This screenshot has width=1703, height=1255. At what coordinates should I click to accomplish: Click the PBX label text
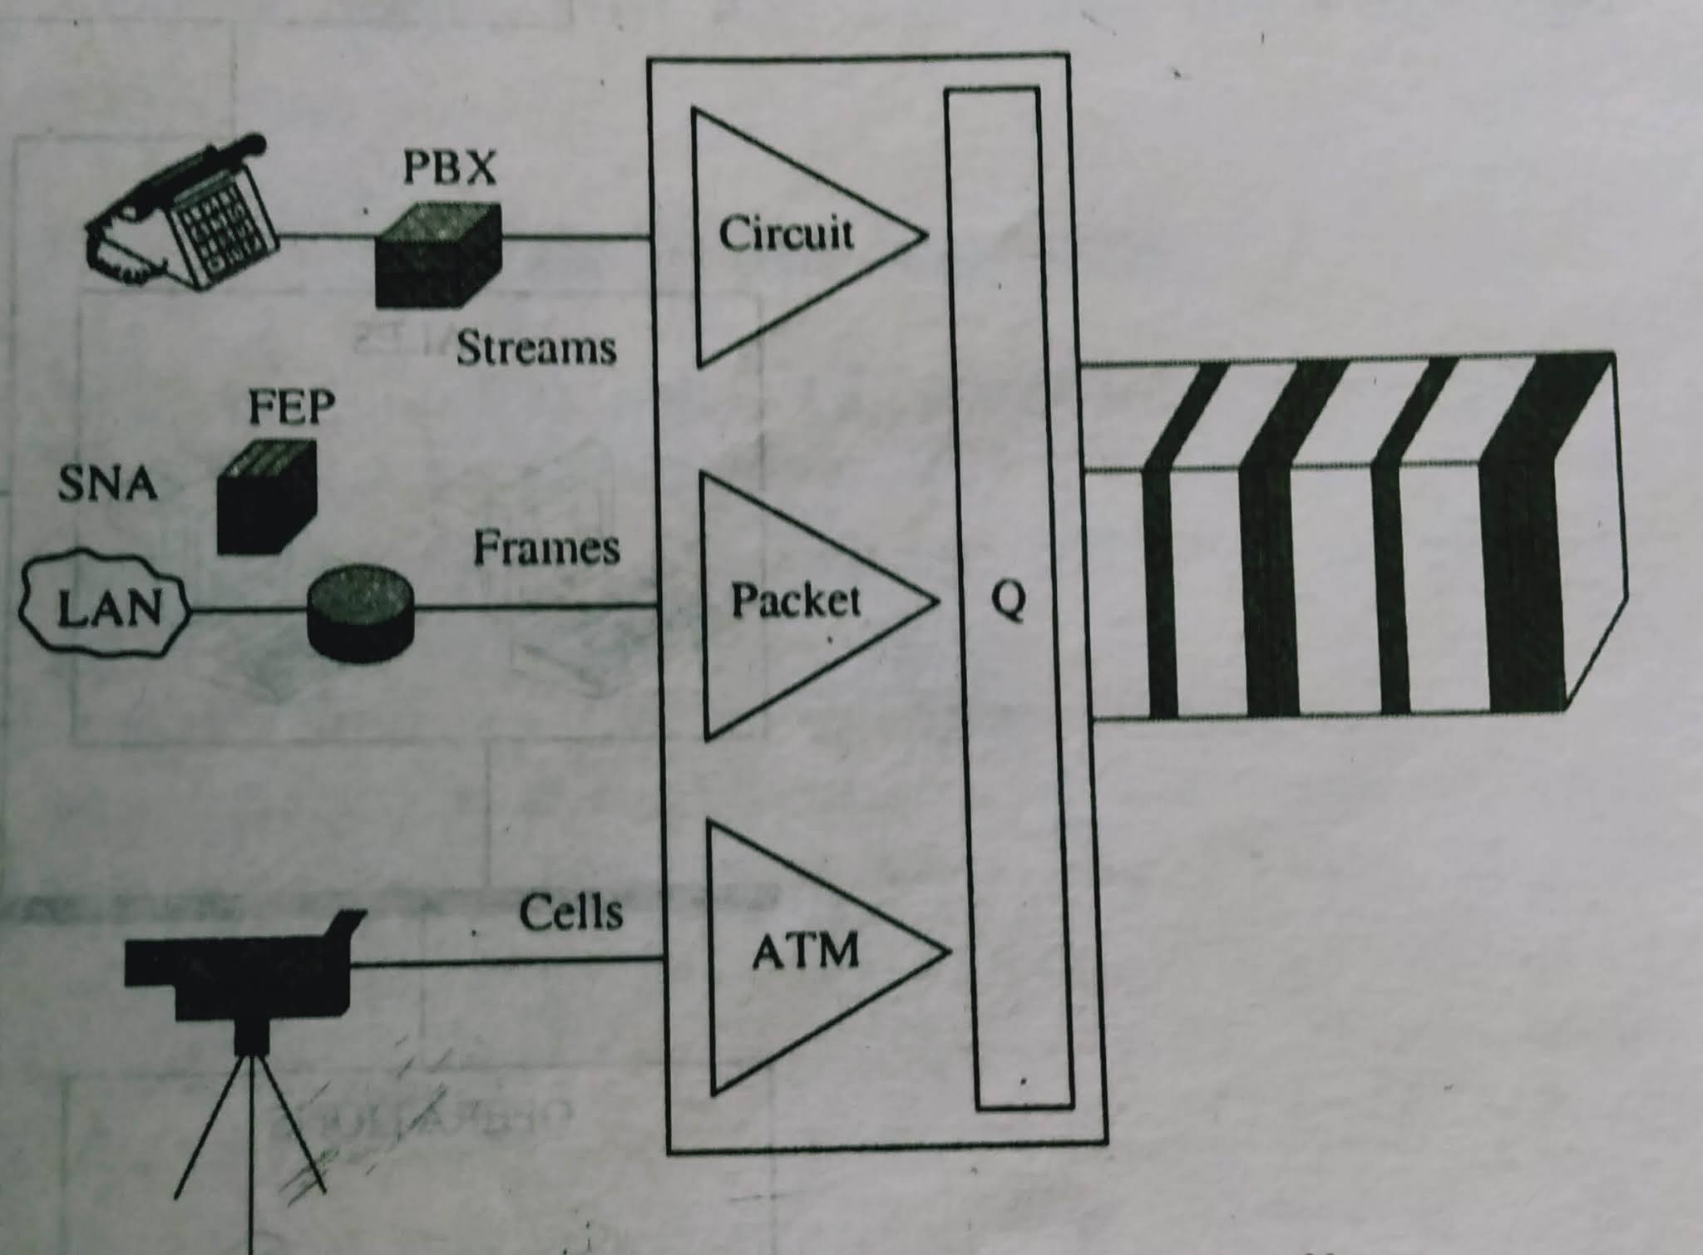pyautogui.click(x=449, y=168)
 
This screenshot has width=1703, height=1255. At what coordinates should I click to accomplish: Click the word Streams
pyautogui.click(x=536, y=347)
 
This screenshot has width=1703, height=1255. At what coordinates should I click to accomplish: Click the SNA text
pyautogui.click(x=108, y=484)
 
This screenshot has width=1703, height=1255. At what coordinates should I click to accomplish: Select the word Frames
pyautogui.click(x=546, y=549)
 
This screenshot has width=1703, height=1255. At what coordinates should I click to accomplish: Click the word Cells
pyautogui.click(x=570, y=913)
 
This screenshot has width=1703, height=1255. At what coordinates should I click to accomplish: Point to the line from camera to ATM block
pyautogui.click(x=507, y=962)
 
